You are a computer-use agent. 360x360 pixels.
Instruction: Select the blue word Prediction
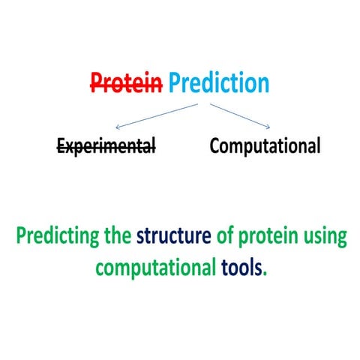217,83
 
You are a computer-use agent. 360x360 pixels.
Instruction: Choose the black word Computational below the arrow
265,145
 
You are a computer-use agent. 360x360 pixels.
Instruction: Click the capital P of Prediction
176,83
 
